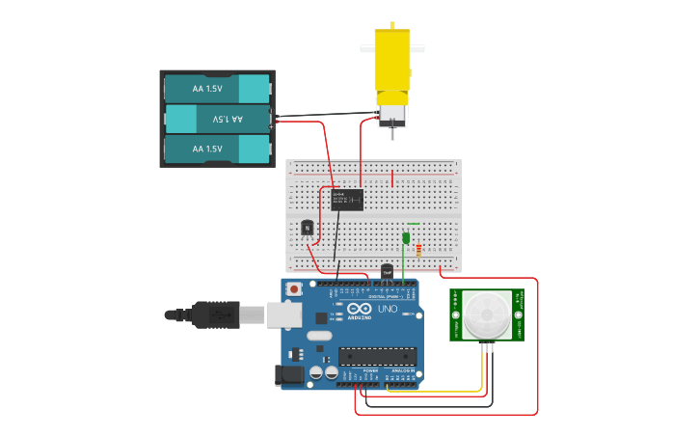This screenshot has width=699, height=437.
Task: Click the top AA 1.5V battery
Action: coord(217,88)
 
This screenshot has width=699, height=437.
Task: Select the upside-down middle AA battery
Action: coord(217,119)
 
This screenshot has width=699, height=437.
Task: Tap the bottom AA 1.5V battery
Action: coord(217,149)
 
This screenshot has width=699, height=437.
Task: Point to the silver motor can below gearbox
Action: coord(391,115)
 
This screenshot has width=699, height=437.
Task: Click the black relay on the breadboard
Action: coord(347,199)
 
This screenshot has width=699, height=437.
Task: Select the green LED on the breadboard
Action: coord(406,237)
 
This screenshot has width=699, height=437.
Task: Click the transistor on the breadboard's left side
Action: coord(308,228)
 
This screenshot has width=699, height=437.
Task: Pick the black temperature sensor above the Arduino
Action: coord(387,271)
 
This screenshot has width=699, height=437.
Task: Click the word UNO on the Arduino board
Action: coord(387,312)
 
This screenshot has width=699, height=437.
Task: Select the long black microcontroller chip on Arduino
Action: coord(377,356)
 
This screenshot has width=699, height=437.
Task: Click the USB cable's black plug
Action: coord(213,314)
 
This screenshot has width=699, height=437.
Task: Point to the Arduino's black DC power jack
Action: coord(290,376)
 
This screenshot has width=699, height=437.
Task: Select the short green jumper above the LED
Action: coord(413,224)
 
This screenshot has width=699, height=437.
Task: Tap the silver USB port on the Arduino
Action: coord(282,314)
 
